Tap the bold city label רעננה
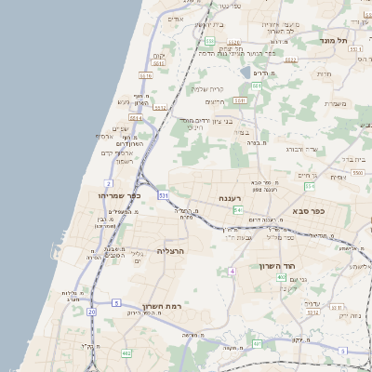[230, 199]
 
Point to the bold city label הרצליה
[172, 251]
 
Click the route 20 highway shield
[91, 312]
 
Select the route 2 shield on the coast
[109, 184]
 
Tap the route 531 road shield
[163, 196]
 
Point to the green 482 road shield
[126, 353]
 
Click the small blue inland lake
[244, 71]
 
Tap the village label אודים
[177, 19]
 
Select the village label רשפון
[125, 161]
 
